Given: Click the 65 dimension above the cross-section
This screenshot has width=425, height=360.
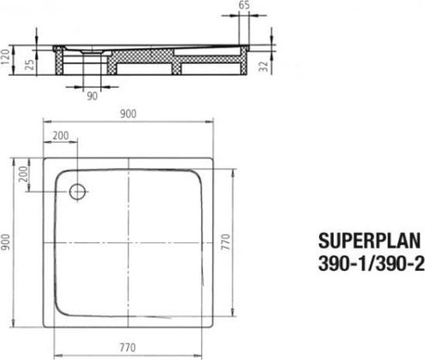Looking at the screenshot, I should [245, 5].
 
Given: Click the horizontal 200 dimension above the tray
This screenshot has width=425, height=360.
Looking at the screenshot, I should [60, 135].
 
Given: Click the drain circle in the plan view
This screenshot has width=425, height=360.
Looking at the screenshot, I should [78, 191].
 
